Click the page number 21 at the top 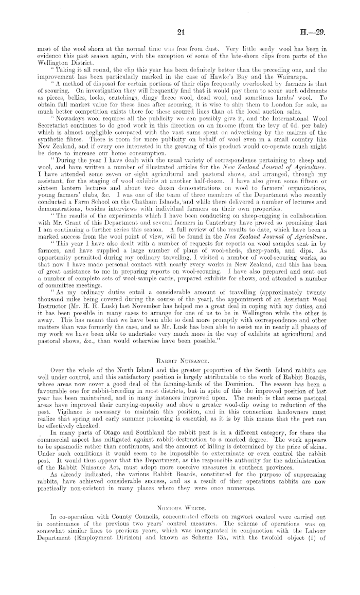point(180,32)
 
